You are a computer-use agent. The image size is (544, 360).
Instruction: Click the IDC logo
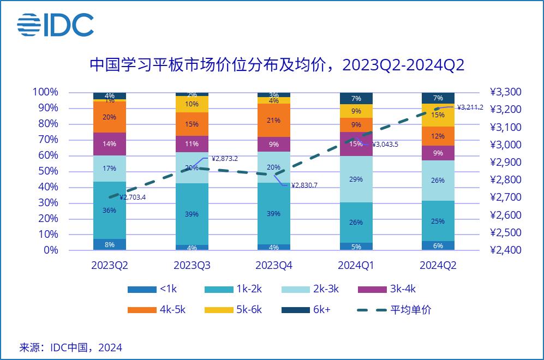[x=55, y=25]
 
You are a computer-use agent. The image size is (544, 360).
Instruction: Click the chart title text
[x=277, y=66]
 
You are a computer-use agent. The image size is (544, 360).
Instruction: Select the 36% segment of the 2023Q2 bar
[x=110, y=210]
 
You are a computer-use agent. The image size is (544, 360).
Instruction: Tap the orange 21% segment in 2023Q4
[x=274, y=120]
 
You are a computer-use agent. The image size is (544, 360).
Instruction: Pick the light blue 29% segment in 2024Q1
[x=356, y=179]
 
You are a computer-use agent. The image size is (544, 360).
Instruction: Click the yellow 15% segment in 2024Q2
[x=438, y=115]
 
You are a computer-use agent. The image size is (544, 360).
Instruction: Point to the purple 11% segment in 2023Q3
[x=192, y=144]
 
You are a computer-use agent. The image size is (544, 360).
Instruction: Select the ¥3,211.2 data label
[x=470, y=107]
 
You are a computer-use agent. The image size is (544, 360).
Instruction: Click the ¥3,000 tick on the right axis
[x=506, y=145]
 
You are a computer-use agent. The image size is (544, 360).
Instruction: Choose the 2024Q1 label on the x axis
[x=356, y=266]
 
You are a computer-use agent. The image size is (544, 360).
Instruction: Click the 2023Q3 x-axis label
[x=192, y=266]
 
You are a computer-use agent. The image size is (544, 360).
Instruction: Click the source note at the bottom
[x=71, y=347]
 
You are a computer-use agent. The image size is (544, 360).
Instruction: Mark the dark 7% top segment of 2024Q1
[x=356, y=98]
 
